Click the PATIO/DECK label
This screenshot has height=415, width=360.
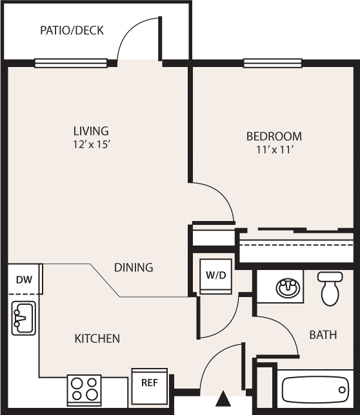point(72,30)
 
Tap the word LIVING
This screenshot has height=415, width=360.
point(91,131)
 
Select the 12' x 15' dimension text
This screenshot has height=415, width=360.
point(92,144)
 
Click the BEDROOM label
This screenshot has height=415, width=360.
point(274,137)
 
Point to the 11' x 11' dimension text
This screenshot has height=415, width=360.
point(275,150)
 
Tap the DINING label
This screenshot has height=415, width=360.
point(134,267)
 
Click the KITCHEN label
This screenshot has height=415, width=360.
point(97,338)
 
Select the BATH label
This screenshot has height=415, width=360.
point(323,335)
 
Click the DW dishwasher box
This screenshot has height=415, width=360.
point(25,279)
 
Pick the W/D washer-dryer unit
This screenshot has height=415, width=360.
point(216,276)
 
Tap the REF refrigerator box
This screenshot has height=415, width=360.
point(150,386)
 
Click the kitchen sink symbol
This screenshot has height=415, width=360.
point(24,318)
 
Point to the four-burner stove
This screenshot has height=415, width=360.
point(85,391)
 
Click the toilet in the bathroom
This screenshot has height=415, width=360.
point(330,289)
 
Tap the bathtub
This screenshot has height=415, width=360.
point(315,390)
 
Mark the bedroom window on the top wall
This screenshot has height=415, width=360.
point(273,63)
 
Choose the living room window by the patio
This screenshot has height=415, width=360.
point(71,63)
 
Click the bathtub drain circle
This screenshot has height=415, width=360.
point(342,390)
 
